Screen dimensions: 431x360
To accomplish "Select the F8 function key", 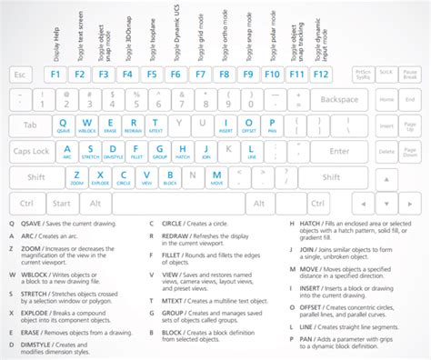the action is coord(223,75).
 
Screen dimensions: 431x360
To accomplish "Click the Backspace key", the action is coord(339,99).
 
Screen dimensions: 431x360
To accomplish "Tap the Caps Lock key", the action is coord(33,151).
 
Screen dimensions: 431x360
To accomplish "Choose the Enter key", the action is coord(341,151).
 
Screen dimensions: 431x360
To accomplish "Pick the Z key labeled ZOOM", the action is coord(76,177).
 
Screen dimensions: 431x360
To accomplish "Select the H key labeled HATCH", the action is coord(182,151).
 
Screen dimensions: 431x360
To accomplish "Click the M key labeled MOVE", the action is coord(217,177).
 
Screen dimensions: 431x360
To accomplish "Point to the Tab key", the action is coord(29,125).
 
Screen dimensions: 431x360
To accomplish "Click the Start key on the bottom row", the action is coord(62,203).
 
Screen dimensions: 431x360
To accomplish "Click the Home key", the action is coord(386,99).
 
